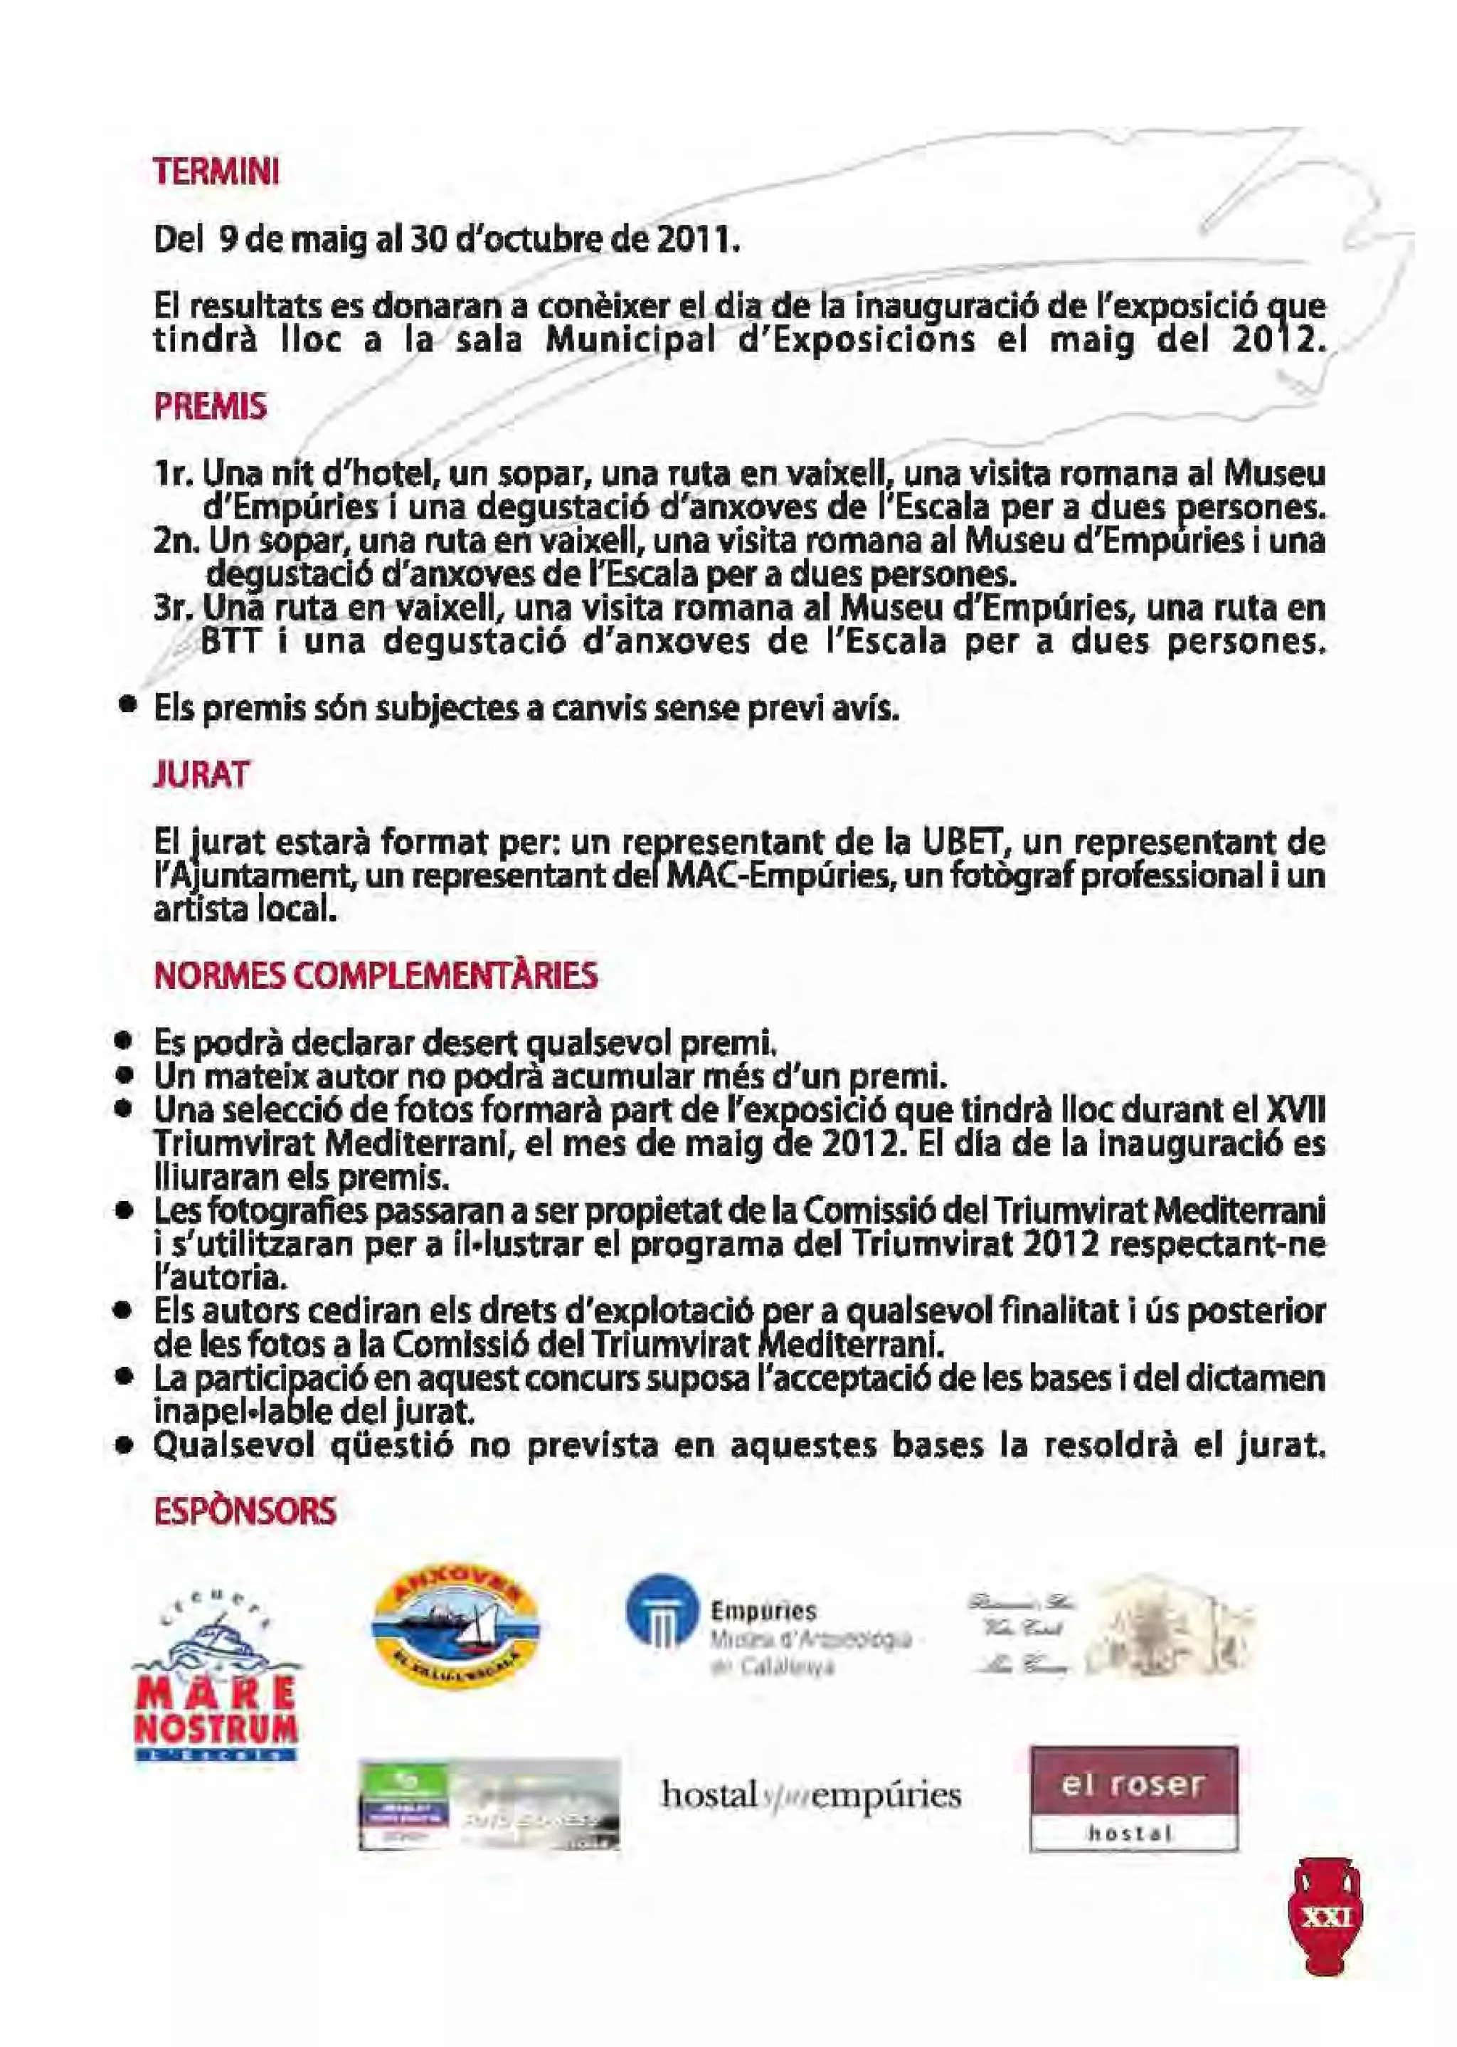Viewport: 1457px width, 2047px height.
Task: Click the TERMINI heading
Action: pyautogui.click(x=216, y=171)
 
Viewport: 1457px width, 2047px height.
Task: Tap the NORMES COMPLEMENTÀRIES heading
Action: pyautogui.click(x=376, y=975)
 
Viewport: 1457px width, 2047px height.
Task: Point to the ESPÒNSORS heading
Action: pyautogui.click(x=246, y=1511)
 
